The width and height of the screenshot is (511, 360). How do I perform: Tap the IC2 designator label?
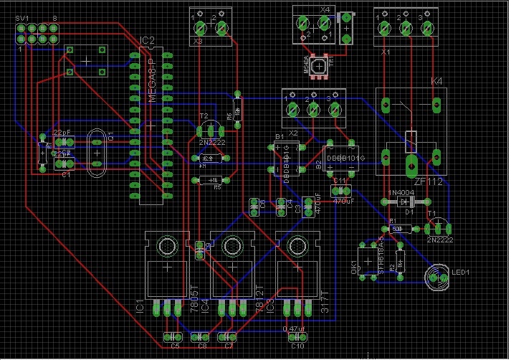[147, 40]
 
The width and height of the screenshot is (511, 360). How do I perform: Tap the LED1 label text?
[461, 273]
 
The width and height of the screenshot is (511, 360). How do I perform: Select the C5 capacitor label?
[176, 346]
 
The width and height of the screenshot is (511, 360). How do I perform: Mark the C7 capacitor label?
[229, 346]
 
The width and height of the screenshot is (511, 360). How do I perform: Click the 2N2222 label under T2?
[212, 143]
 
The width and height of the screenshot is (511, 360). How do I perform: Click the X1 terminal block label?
[386, 53]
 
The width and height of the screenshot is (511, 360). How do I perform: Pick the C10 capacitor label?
[298, 346]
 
